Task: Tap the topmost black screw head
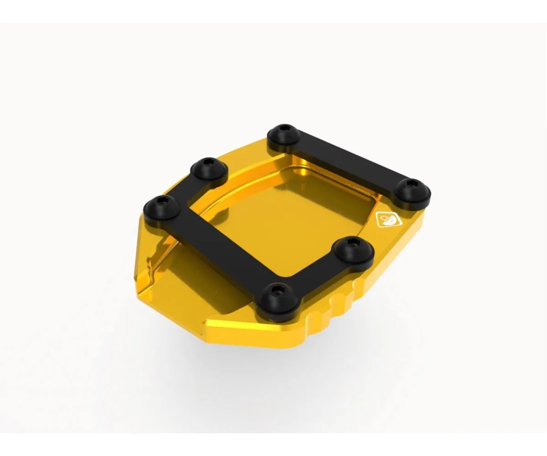tap(284, 135)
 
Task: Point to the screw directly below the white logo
tap(353, 250)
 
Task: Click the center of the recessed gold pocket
tap(292, 214)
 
